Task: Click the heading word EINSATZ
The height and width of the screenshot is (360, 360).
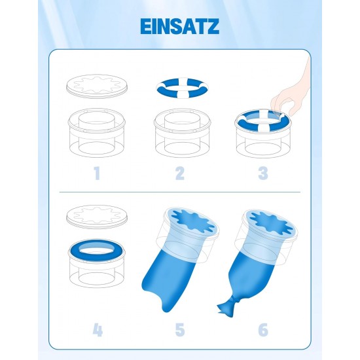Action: tap(180, 26)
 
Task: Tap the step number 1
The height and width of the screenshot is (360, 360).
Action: tap(97, 173)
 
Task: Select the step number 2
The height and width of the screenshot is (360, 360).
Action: tap(180, 173)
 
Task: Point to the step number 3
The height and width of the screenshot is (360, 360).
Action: tap(263, 173)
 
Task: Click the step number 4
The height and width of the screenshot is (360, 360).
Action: tap(98, 330)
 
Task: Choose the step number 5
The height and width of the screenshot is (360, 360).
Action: tap(180, 330)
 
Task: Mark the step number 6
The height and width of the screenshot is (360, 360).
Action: tap(263, 330)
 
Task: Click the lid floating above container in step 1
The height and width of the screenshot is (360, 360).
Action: tap(96, 86)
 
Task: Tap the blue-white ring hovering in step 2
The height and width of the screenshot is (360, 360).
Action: tap(182, 88)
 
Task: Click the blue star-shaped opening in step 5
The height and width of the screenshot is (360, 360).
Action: tap(194, 221)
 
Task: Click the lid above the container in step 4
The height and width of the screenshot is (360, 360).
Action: tap(96, 217)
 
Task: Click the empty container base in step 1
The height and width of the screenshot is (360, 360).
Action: tap(97, 133)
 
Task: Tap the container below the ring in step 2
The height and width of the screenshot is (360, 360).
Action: tap(182, 133)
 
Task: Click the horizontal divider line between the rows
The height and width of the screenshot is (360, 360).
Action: tap(180, 192)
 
